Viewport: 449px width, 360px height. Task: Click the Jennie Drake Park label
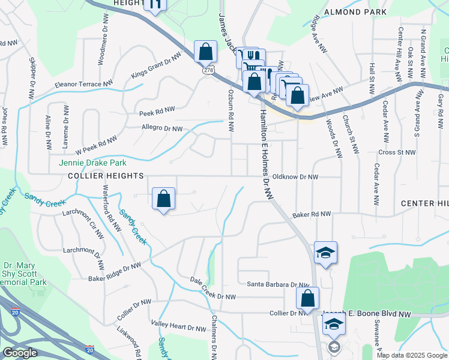tap(92, 163)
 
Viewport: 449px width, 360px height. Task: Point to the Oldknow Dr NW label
tap(295, 177)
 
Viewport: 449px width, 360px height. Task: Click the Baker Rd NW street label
tap(312, 214)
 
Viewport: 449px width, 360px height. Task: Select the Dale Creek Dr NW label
tap(212, 296)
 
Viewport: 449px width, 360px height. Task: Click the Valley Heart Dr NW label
tap(178, 328)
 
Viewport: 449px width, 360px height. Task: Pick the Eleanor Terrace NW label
tap(83, 83)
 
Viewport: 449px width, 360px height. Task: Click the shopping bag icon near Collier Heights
tap(163, 199)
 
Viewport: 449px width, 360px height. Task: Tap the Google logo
tap(20, 353)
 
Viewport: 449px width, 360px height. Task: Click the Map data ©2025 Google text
tap(412, 355)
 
